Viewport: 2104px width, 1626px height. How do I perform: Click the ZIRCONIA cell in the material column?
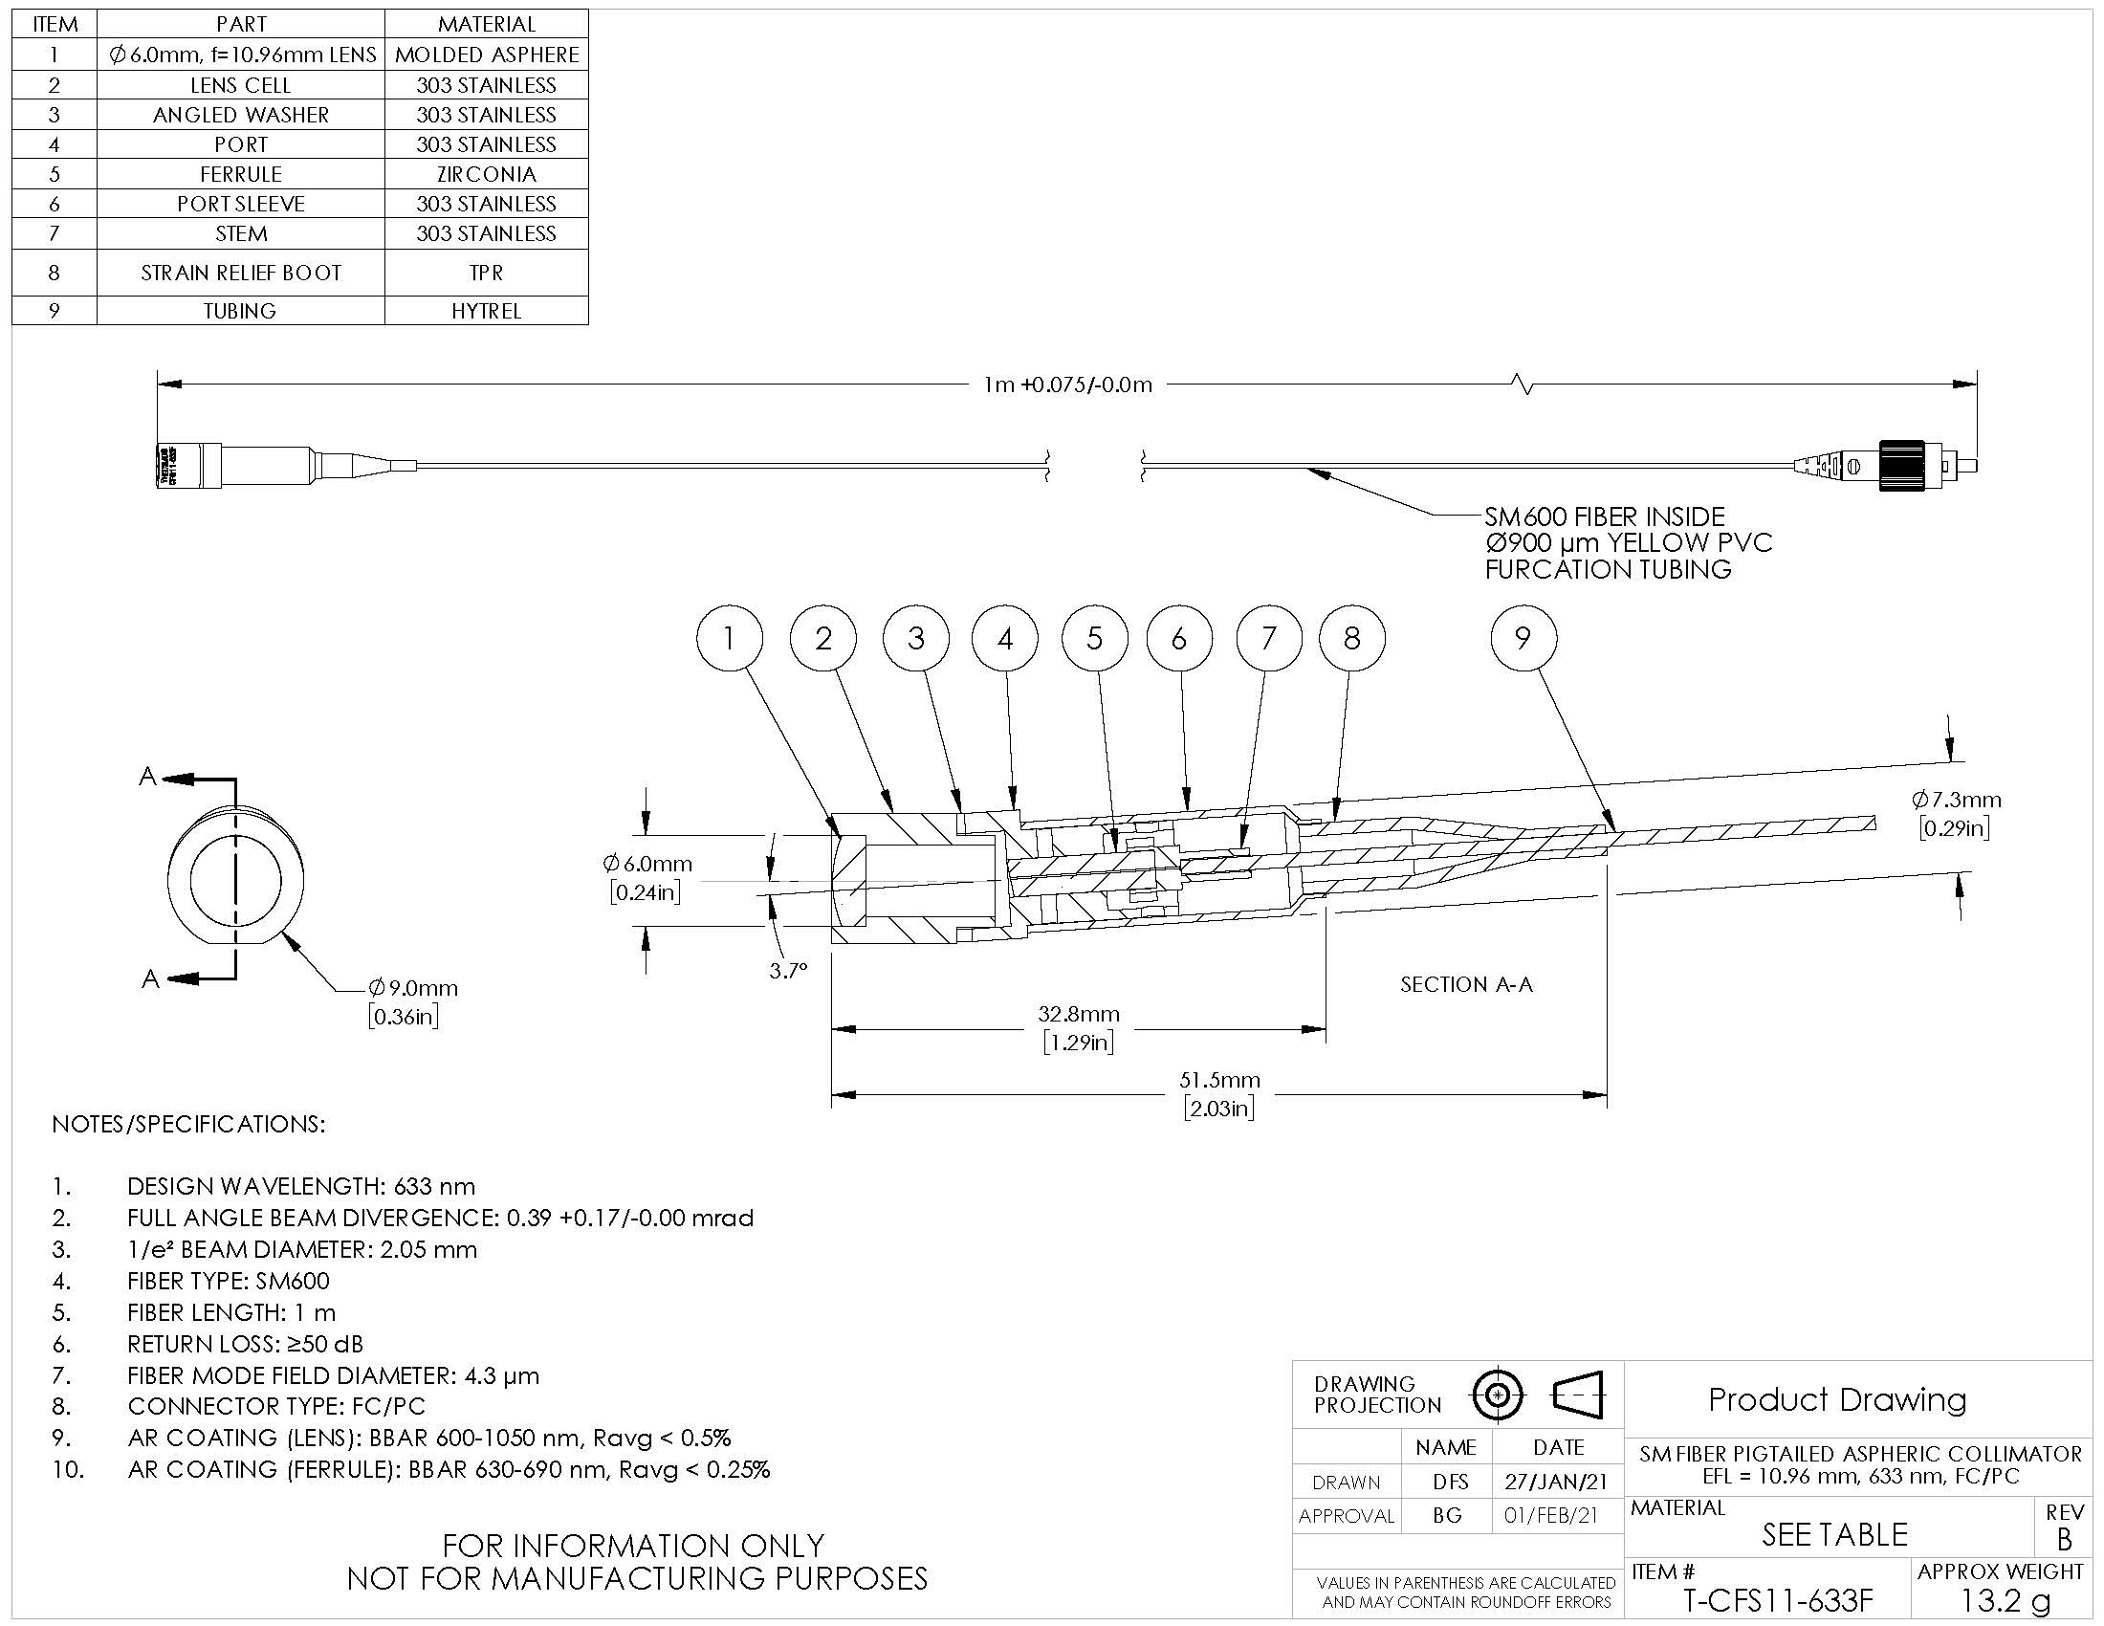point(487,173)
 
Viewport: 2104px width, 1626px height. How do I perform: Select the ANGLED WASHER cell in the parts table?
point(241,115)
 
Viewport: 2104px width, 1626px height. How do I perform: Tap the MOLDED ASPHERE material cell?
point(487,55)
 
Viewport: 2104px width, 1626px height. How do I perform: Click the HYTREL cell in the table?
point(487,310)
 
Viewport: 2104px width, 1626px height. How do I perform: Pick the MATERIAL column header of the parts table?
point(487,24)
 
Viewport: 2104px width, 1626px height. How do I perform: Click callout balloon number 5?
point(1094,638)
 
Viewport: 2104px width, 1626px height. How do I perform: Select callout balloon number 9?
point(1523,638)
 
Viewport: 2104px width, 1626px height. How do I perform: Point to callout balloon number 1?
point(730,638)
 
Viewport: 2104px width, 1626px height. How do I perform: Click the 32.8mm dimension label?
point(1078,1013)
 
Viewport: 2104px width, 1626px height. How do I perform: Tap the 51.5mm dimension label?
point(1219,1080)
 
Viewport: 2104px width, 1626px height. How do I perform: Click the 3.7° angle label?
point(788,971)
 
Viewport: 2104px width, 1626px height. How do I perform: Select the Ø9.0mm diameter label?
point(412,988)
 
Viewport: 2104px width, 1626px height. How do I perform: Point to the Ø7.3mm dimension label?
point(1957,800)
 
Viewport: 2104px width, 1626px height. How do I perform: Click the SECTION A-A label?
point(1466,984)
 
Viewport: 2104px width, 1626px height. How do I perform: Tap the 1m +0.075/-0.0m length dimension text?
point(1067,385)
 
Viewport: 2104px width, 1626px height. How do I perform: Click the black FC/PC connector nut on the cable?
point(1901,465)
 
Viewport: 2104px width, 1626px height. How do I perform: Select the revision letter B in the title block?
point(2064,1539)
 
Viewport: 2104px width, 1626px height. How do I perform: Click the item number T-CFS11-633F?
point(1779,1600)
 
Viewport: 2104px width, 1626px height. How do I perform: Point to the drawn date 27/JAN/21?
point(1558,1483)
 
